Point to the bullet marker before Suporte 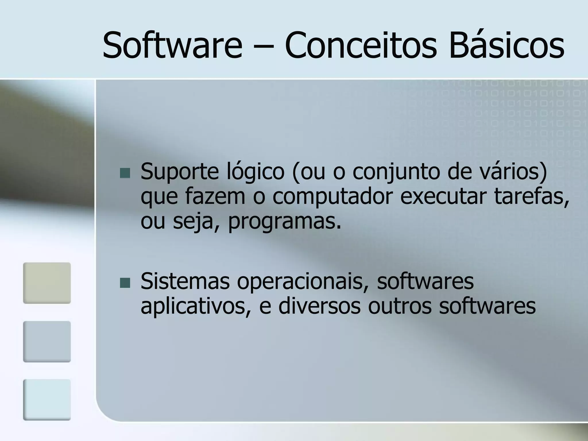(125, 173)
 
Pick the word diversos (319, 306)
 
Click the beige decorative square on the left (47, 283)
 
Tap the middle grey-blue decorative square (47, 341)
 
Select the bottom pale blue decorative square (47, 400)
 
